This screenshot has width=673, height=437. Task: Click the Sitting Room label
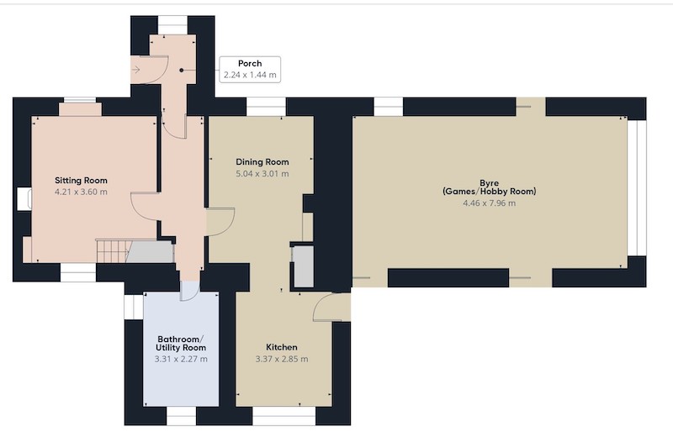pos(81,181)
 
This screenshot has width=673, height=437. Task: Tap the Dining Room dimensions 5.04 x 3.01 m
pos(262,174)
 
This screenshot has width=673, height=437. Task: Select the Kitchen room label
pos(282,347)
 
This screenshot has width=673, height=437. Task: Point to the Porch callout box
pos(250,69)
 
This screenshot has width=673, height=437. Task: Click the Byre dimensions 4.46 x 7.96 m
pos(490,203)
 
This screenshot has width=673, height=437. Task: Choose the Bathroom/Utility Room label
pos(181,344)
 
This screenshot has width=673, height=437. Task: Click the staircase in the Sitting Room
pos(113,251)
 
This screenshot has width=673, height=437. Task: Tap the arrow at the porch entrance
pos(135,70)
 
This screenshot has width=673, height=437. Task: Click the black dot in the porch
pos(182,70)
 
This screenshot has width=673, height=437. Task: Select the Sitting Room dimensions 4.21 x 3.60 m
pos(81,192)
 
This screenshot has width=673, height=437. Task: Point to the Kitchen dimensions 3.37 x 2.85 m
pos(282,359)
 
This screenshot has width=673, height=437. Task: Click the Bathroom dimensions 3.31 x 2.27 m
pos(181,359)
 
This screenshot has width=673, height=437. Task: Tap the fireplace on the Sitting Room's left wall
pos(24,199)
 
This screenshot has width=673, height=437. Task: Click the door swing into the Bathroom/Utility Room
pos(189,291)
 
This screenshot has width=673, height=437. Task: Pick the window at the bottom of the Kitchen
pos(284,416)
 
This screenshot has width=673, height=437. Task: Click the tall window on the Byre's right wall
pos(637,188)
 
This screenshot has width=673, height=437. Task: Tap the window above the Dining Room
pos(266,107)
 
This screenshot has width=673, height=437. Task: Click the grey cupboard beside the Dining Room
pos(304,266)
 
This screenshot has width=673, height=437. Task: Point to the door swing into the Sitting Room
pos(145,207)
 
